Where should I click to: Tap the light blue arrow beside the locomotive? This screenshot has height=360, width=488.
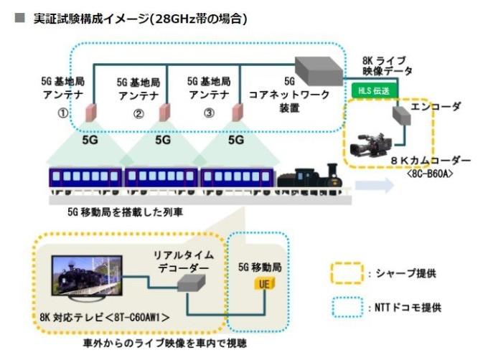coord(373,186)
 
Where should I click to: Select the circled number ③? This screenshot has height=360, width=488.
coord(209,113)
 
